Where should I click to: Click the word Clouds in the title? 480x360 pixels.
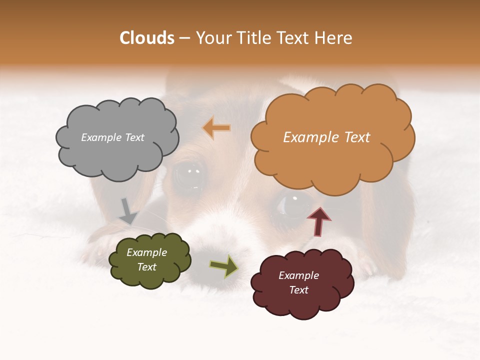click(x=147, y=38)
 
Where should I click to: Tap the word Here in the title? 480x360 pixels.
click(x=334, y=38)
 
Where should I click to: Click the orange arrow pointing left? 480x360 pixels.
click(x=217, y=128)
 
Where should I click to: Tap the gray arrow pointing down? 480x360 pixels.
click(x=128, y=210)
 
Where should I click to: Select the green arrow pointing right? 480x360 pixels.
click(x=223, y=266)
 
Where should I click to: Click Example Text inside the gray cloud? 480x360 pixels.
click(x=112, y=137)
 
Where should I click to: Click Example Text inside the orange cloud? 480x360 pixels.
click(x=326, y=137)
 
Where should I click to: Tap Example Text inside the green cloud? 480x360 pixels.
click(x=146, y=259)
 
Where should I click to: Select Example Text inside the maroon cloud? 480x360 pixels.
click(x=298, y=282)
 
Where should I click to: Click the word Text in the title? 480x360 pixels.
click(x=295, y=38)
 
